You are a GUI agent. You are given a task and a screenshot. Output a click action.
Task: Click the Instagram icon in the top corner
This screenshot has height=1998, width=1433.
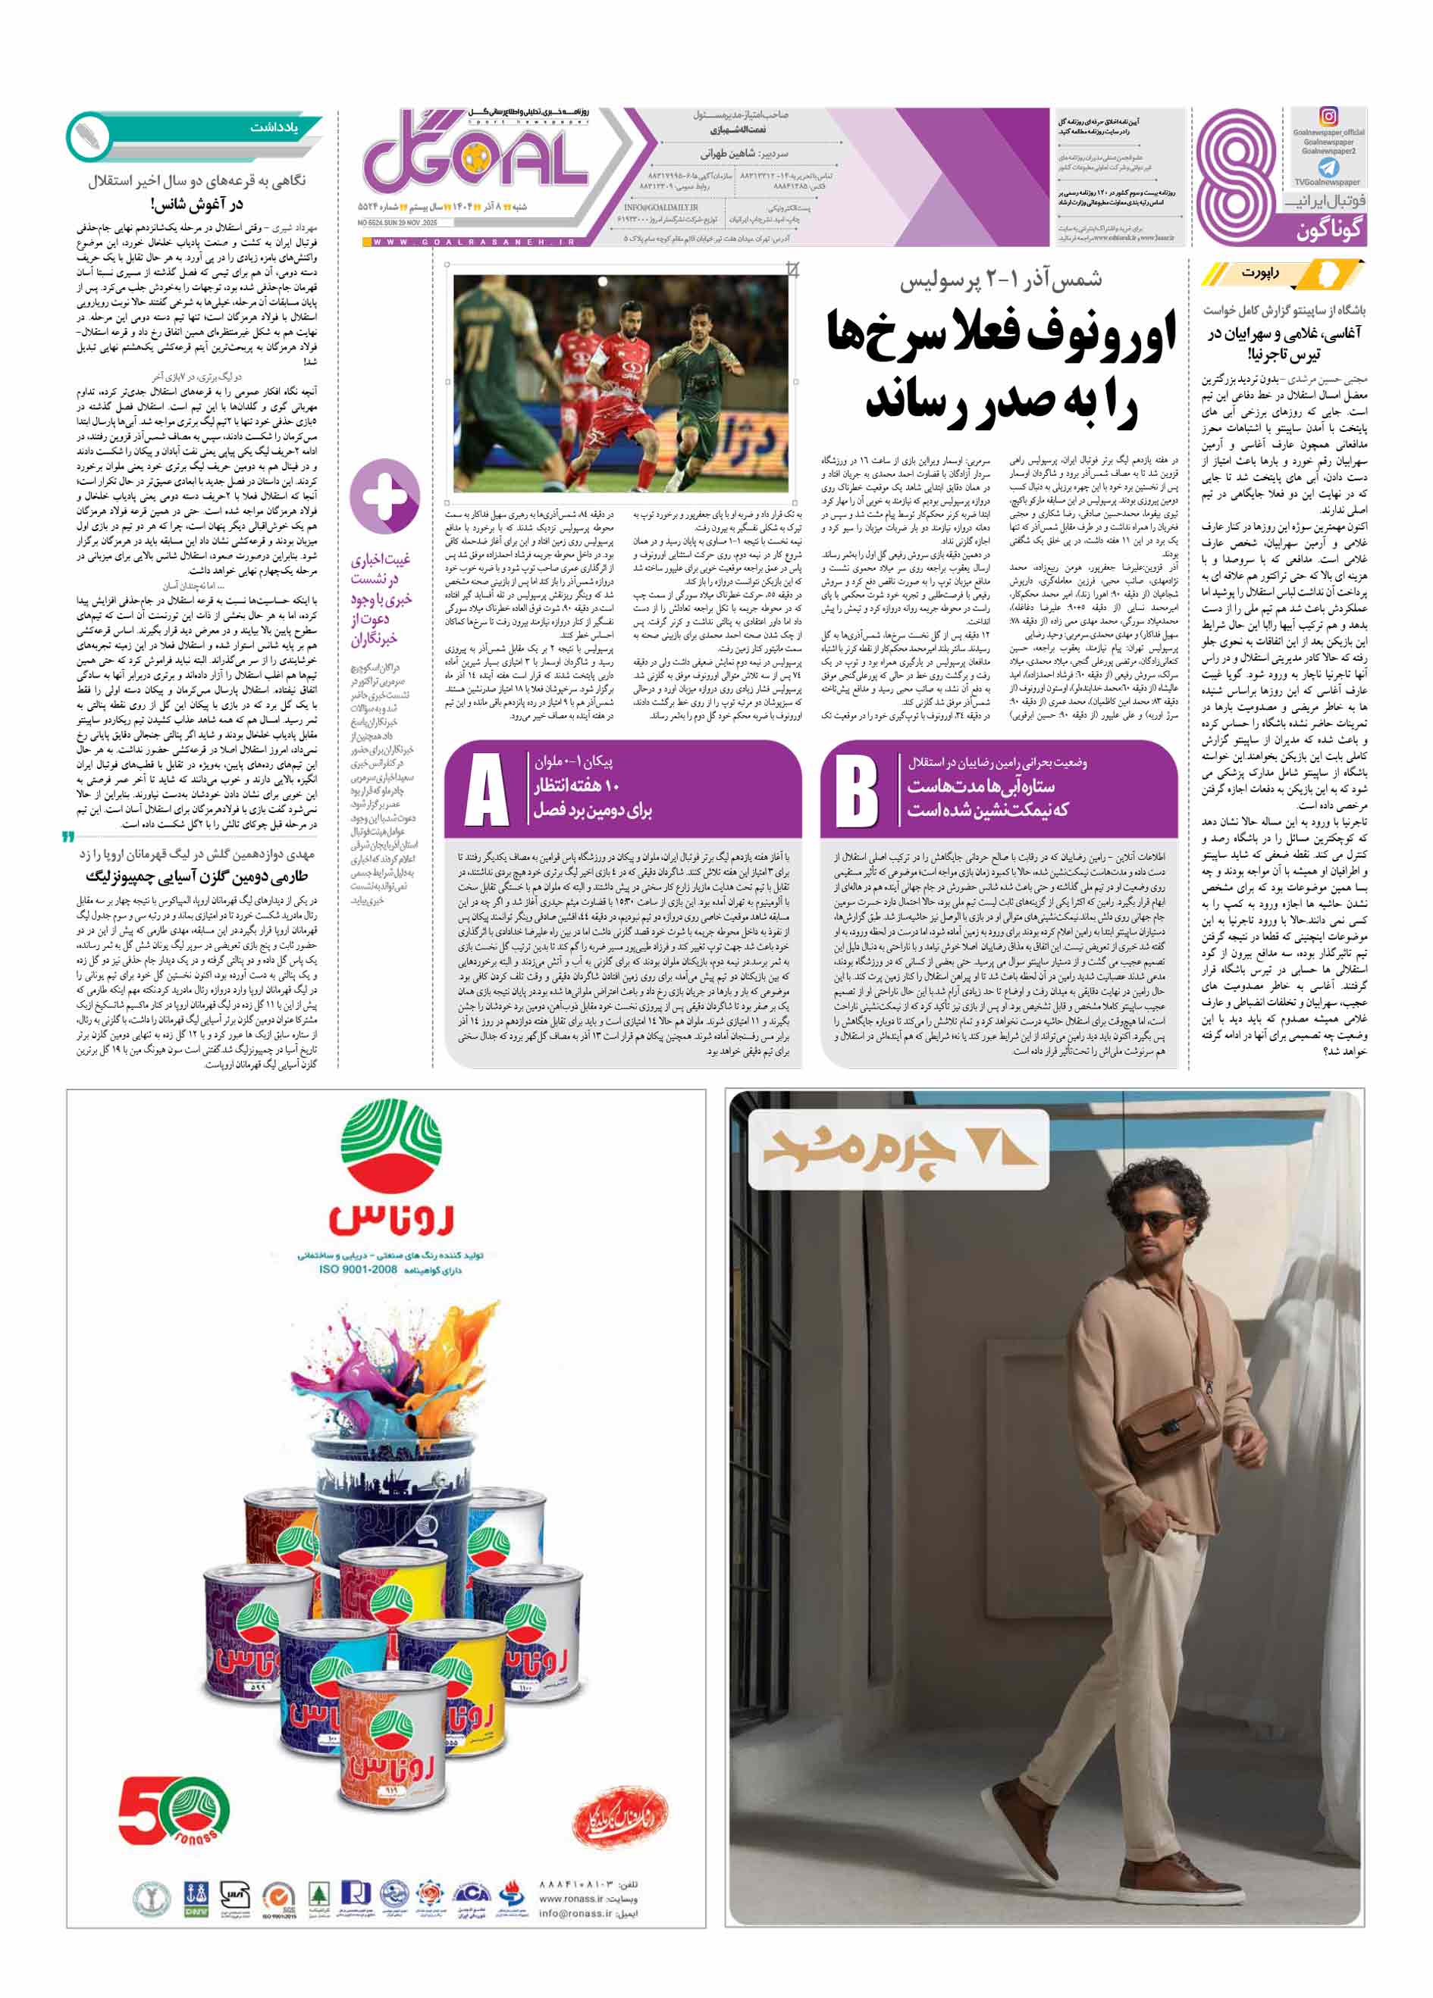coord(1328,116)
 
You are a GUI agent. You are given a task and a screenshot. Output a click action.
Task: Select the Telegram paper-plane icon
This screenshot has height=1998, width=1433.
coord(1328,167)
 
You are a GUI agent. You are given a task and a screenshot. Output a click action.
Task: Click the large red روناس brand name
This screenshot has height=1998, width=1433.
coord(392,1218)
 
